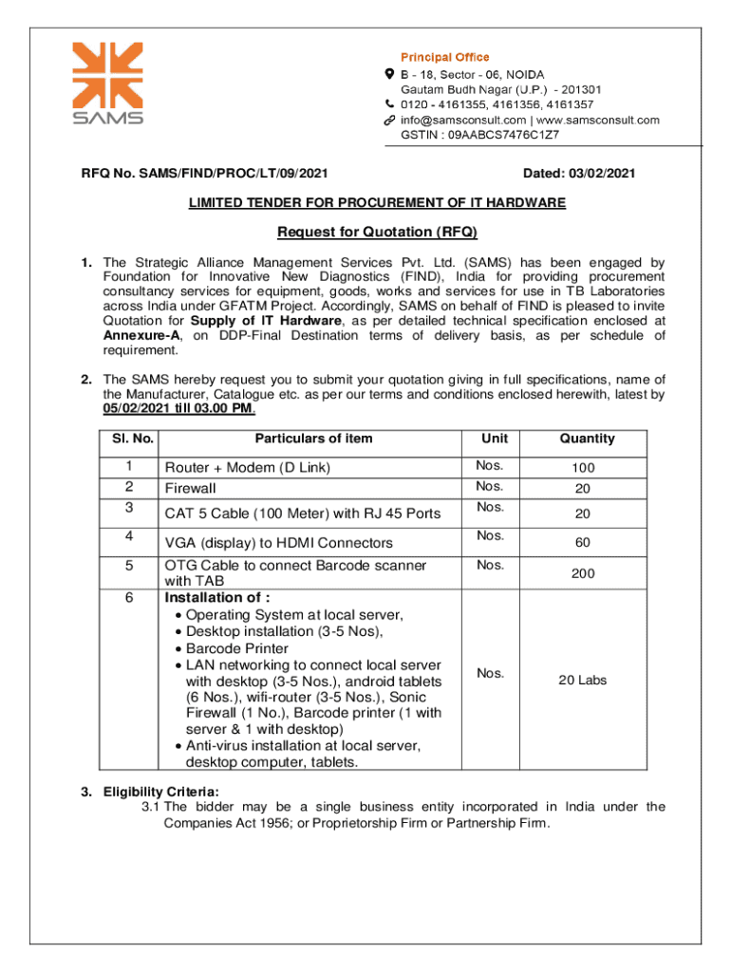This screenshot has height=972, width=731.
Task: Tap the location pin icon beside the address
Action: click(389, 73)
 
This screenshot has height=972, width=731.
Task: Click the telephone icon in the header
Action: click(389, 103)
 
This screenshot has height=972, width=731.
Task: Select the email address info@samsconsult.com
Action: click(462, 120)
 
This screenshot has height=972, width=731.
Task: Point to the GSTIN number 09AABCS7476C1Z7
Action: click(505, 135)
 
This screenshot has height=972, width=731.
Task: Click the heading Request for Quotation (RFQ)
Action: click(377, 233)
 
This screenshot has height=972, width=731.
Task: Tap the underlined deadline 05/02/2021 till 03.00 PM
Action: click(178, 408)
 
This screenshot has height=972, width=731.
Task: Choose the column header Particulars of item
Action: click(313, 439)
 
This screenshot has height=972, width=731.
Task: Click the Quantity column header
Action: click(587, 439)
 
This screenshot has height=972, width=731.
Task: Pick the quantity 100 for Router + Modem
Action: click(583, 468)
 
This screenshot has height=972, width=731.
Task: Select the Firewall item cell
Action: click(191, 489)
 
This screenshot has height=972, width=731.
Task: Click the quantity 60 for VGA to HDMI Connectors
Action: click(583, 543)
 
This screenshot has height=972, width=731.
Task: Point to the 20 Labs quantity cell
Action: click(583, 680)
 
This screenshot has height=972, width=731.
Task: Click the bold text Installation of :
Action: click(217, 598)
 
